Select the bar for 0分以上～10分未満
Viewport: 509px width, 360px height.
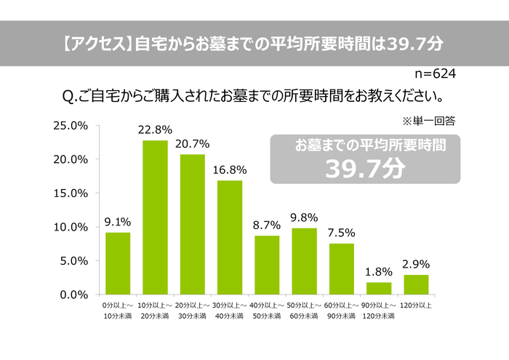coord(118,263)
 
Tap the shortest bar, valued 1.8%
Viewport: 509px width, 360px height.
coord(379,288)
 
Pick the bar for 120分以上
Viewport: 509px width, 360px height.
coord(416,284)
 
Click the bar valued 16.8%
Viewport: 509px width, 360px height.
coord(230,237)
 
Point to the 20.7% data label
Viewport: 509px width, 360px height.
coord(192,144)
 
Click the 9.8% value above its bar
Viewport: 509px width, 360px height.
coord(304,217)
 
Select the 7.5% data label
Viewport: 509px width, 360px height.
coord(341,233)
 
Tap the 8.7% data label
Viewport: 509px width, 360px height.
coord(267,225)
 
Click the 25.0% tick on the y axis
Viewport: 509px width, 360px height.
coord(71,126)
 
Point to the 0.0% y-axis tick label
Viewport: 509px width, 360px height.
coord(73,294)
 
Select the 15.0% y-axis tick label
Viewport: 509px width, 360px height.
coord(71,193)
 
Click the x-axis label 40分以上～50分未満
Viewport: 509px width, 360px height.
coord(266,310)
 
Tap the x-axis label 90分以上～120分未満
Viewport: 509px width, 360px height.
coord(378,310)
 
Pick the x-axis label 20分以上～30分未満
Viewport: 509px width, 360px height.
coord(192,310)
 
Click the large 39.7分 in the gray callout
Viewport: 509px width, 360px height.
coord(364,169)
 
